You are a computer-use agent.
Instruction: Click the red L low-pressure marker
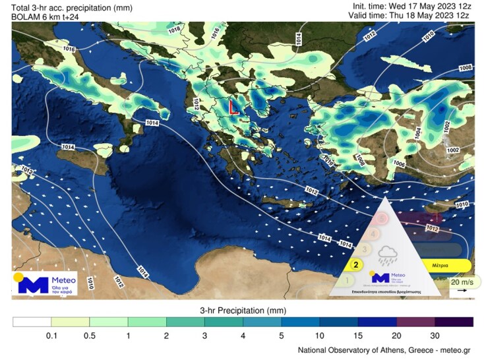tap(233, 107)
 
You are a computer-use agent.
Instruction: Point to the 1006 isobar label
tap(398, 163)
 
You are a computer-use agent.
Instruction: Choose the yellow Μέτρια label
tap(440, 265)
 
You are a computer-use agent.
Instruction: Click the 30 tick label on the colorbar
tap(435, 336)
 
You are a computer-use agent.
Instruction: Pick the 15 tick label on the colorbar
tap(358, 336)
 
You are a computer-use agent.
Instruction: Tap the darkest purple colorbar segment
tap(454, 322)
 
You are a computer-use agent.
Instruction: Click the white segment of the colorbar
tap(32, 322)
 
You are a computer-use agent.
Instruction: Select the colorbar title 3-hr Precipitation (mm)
tap(242, 309)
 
